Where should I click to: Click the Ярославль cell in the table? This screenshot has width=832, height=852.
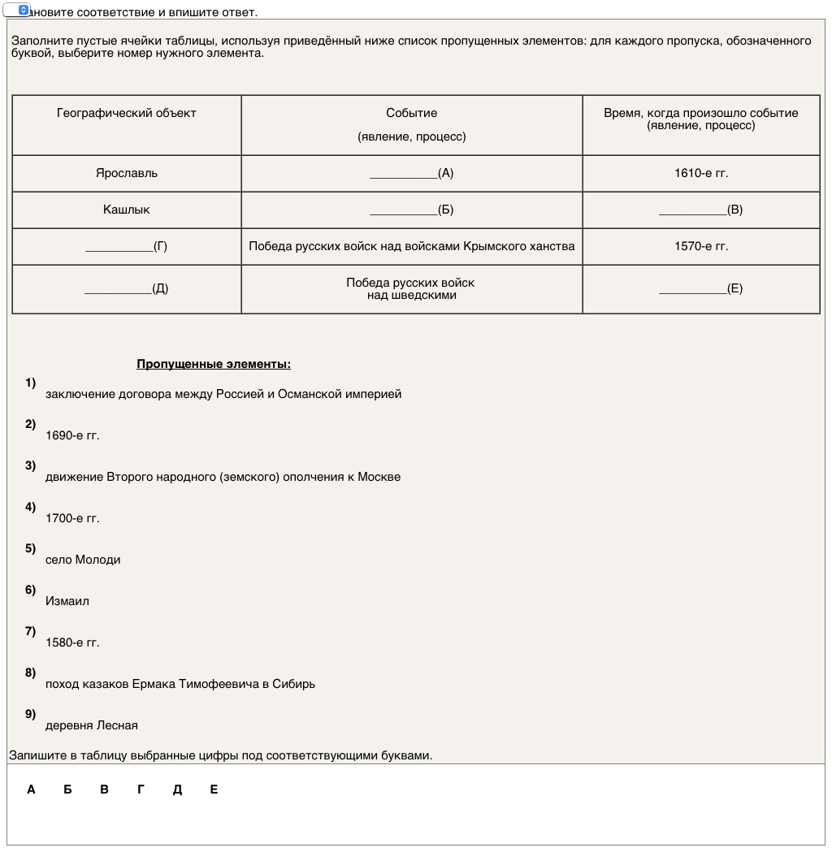coord(127,173)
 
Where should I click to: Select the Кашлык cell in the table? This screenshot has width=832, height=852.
coord(127,210)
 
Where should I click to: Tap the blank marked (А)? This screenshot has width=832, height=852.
coord(411,173)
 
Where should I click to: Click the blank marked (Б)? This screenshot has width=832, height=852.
coord(411,210)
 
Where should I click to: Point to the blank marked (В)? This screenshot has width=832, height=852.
coord(700,210)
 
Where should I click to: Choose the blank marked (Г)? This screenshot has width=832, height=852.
coord(126,246)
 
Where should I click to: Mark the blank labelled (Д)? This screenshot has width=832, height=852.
coord(126,288)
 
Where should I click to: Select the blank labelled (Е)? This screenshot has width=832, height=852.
coord(700,288)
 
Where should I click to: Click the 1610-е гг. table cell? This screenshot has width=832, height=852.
coord(701,173)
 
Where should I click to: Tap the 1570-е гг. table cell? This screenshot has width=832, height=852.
coord(701,246)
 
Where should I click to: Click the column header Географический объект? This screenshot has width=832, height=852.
coord(127,113)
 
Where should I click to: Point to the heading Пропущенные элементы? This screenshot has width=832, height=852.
coord(214,364)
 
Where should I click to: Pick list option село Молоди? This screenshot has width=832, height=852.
coord(83,560)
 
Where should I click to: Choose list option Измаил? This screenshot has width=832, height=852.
coord(67,601)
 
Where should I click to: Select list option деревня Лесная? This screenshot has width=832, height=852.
coord(92,724)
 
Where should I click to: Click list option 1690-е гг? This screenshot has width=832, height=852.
coord(72,435)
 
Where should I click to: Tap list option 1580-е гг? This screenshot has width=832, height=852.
coord(72,642)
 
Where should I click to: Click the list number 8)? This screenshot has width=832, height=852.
coord(31,673)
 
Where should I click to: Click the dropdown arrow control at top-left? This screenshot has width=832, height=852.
coord(24,10)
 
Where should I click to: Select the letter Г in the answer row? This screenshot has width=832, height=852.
coord(141,789)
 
